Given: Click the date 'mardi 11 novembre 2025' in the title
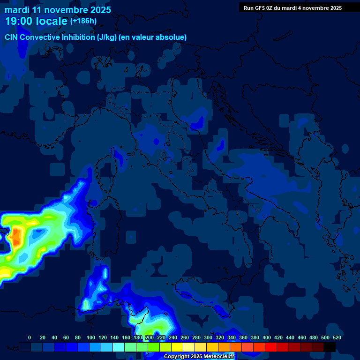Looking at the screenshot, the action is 58,10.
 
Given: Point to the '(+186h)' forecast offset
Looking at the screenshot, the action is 83,21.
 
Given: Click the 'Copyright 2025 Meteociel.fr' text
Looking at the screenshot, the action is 198,356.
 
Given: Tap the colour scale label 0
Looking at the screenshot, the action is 30,337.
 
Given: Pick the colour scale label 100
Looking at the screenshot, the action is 91,337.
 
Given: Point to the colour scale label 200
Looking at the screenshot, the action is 150,337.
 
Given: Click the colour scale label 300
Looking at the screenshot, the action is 208,337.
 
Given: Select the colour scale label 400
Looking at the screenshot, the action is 267,337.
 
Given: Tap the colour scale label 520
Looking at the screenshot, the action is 337,337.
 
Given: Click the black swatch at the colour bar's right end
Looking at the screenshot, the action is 330,347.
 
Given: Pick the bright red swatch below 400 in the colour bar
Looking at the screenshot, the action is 271,347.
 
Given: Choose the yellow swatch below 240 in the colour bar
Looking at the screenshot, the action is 177,347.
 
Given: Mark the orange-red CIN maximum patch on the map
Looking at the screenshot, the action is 17,237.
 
